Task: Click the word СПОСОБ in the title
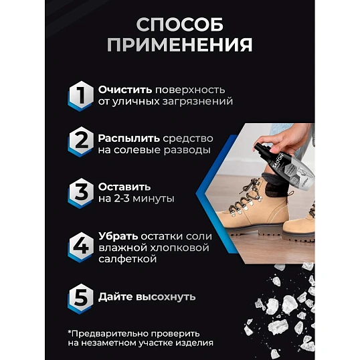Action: pyautogui.click(x=179, y=25)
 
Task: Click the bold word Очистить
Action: pyautogui.click(x=124, y=89)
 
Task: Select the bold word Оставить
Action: pyautogui.click(x=124, y=186)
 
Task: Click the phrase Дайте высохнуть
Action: pyautogui.click(x=147, y=296)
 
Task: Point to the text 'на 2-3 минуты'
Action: pyautogui.click(x=136, y=199)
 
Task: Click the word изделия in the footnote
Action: pyautogui.click(x=194, y=344)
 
